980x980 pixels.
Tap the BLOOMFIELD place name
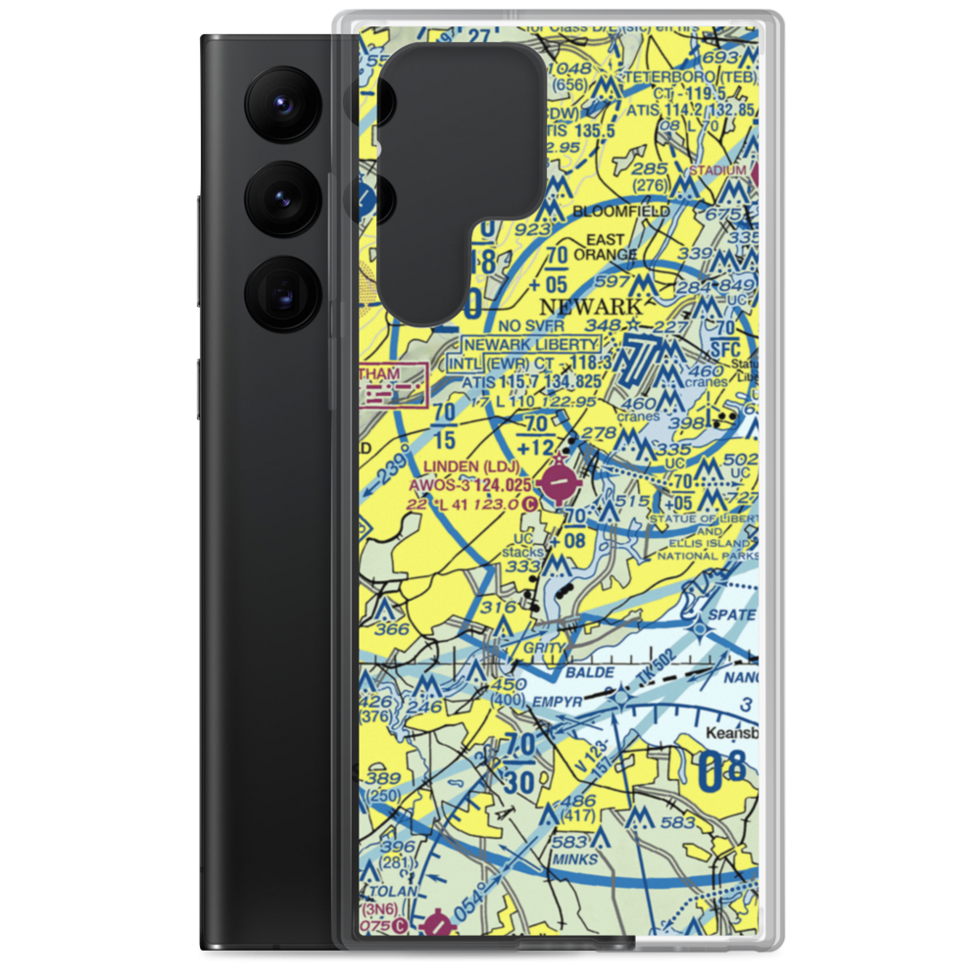coord(622,211)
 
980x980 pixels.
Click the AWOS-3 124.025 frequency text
coord(470,485)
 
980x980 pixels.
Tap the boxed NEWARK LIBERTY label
coord(531,345)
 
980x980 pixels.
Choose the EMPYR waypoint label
coord(560,702)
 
